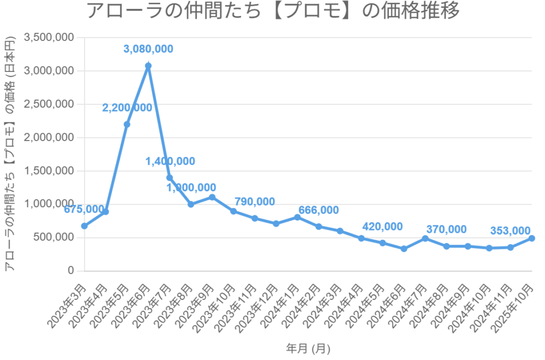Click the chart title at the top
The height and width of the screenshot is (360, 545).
point(272,12)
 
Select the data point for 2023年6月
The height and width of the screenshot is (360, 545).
point(148,66)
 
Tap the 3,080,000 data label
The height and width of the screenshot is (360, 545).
point(148,49)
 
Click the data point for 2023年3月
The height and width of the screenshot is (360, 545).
point(84,226)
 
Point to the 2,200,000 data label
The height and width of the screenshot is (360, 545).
point(127,108)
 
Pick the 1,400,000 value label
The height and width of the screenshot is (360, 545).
point(170,161)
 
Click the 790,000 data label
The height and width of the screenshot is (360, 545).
point(254,202)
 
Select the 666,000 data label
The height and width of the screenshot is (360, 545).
point(318,210)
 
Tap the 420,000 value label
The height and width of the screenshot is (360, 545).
point(382,226)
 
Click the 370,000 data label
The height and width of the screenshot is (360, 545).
point(446,230)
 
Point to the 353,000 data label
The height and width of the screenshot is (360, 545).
point(510,231)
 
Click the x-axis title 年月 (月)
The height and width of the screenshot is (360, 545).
point(308,349)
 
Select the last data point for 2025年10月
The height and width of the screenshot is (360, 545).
point(532,238)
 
